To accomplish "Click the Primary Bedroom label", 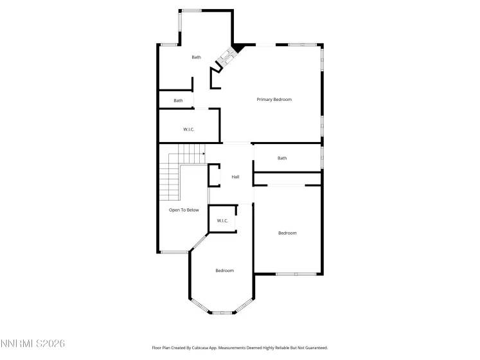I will pos(274,100).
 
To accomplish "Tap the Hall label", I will pos(235,177).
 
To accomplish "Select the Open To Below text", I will pos(184,210).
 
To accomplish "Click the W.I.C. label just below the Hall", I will pos(222,221).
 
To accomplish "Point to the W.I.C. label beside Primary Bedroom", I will pos(189,130).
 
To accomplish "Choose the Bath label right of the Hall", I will pos(282,158).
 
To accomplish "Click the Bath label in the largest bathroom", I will pos(197,57).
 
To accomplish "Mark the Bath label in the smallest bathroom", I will pos(178,100).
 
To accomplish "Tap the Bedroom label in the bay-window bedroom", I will pos(224,271).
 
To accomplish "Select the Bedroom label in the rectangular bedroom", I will pos(287,233).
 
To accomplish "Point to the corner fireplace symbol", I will pos(226,60).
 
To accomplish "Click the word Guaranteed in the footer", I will pos(316,348).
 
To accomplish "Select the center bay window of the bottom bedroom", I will pos(222,313).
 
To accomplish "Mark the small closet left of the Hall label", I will pos(215,175).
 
